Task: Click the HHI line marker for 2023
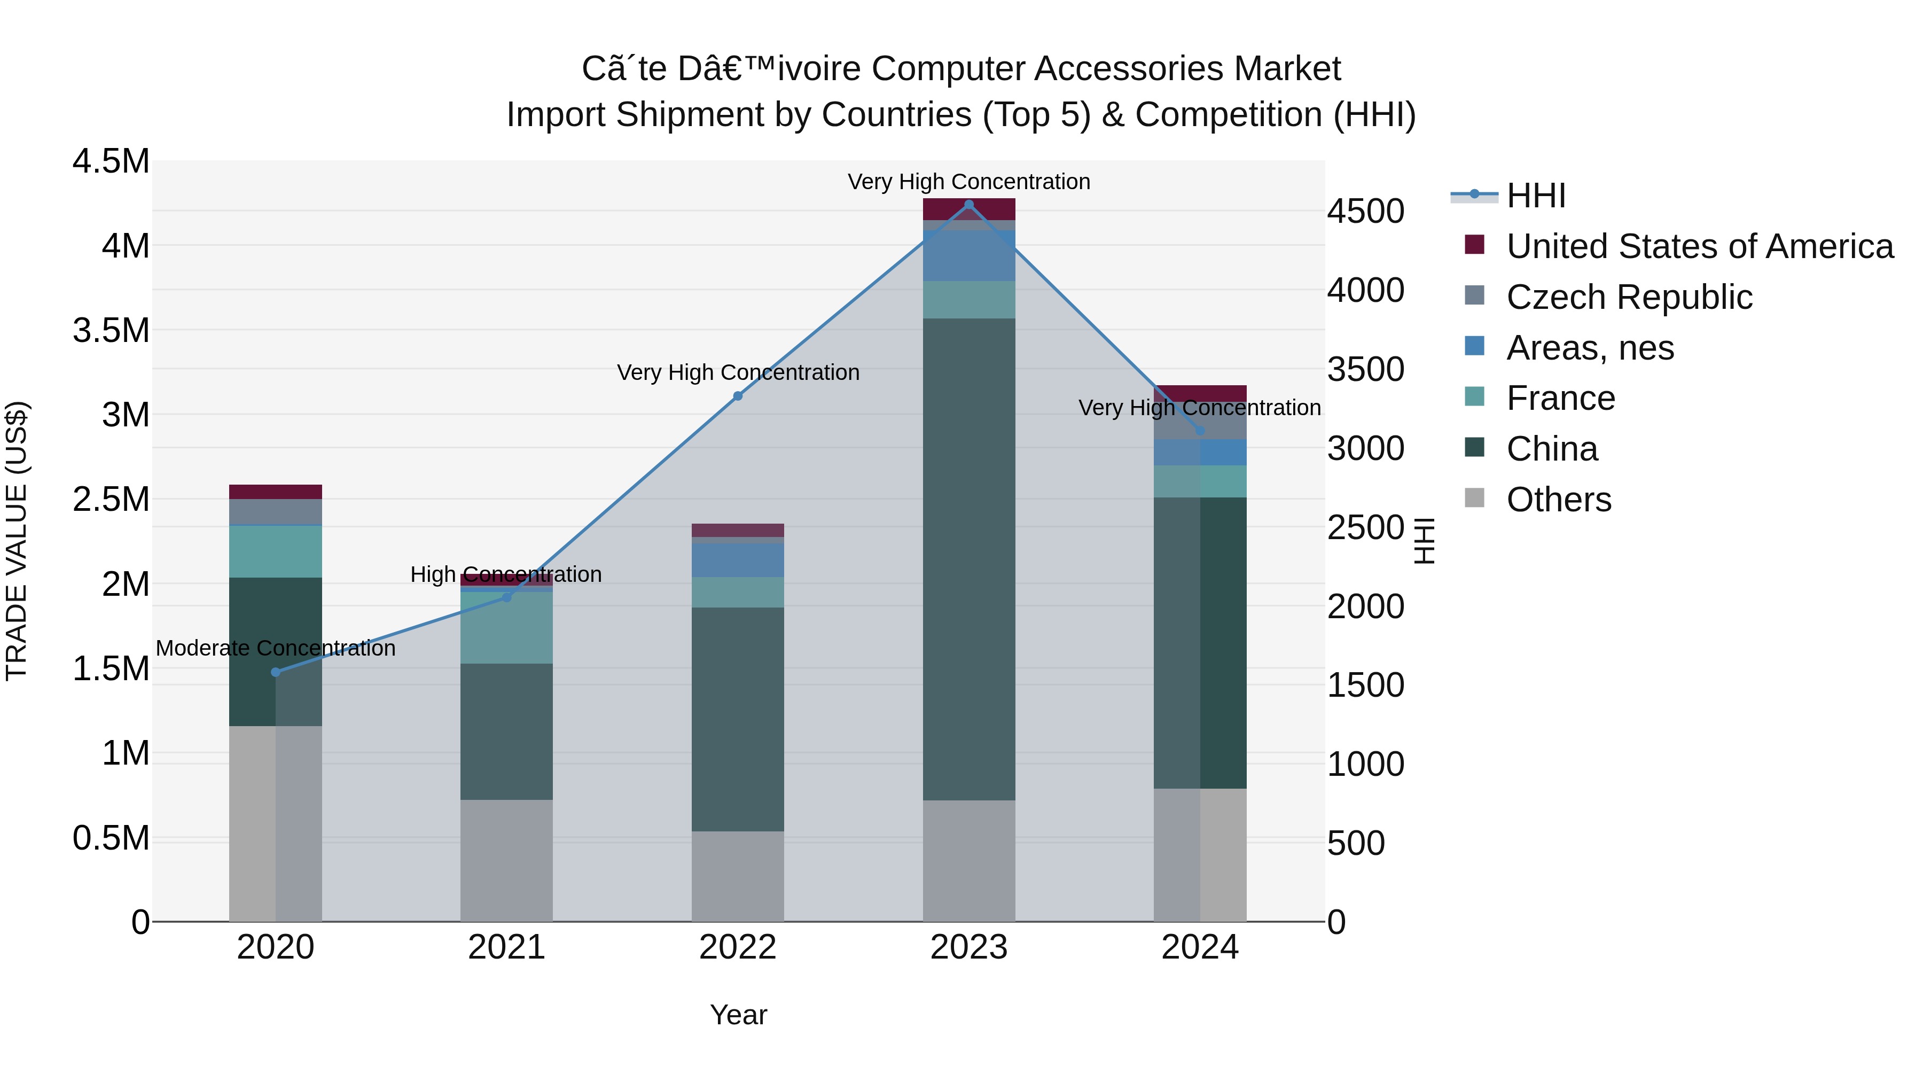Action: (x=969, y=205)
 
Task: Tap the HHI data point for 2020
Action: (x=276, y=672)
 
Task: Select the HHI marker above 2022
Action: (x=738, y=396)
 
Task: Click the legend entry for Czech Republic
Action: (x=1629, y=297)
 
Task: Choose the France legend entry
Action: (x=1560, y=398)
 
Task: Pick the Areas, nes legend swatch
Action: (x=1474, y=346)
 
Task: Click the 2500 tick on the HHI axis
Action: (x=1365, y=527)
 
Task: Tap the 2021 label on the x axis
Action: (x=506, y=947)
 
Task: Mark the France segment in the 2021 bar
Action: (x=506, y=627)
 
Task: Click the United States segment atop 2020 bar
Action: (x=276, y=492)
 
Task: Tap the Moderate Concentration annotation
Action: (x=276, y=648)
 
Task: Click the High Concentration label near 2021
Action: (x=506, y=574)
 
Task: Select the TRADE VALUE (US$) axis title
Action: (x=17, y=541)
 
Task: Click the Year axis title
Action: (x=738, y=1015)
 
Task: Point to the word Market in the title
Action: (x=1287, y=69)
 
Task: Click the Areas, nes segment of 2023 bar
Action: (x=969, y=255)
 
